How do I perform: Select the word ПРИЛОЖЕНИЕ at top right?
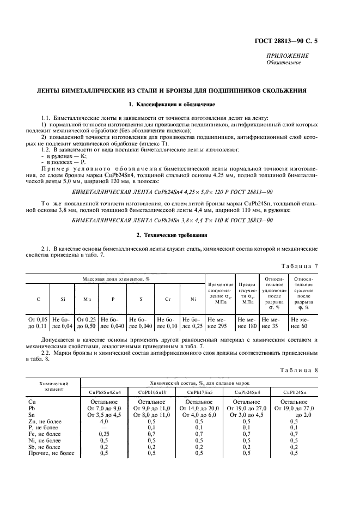(287, 56)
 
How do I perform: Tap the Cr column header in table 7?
(168, 299)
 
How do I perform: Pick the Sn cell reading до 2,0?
(294, 415)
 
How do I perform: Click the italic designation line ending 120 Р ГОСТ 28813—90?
(172, 192)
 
